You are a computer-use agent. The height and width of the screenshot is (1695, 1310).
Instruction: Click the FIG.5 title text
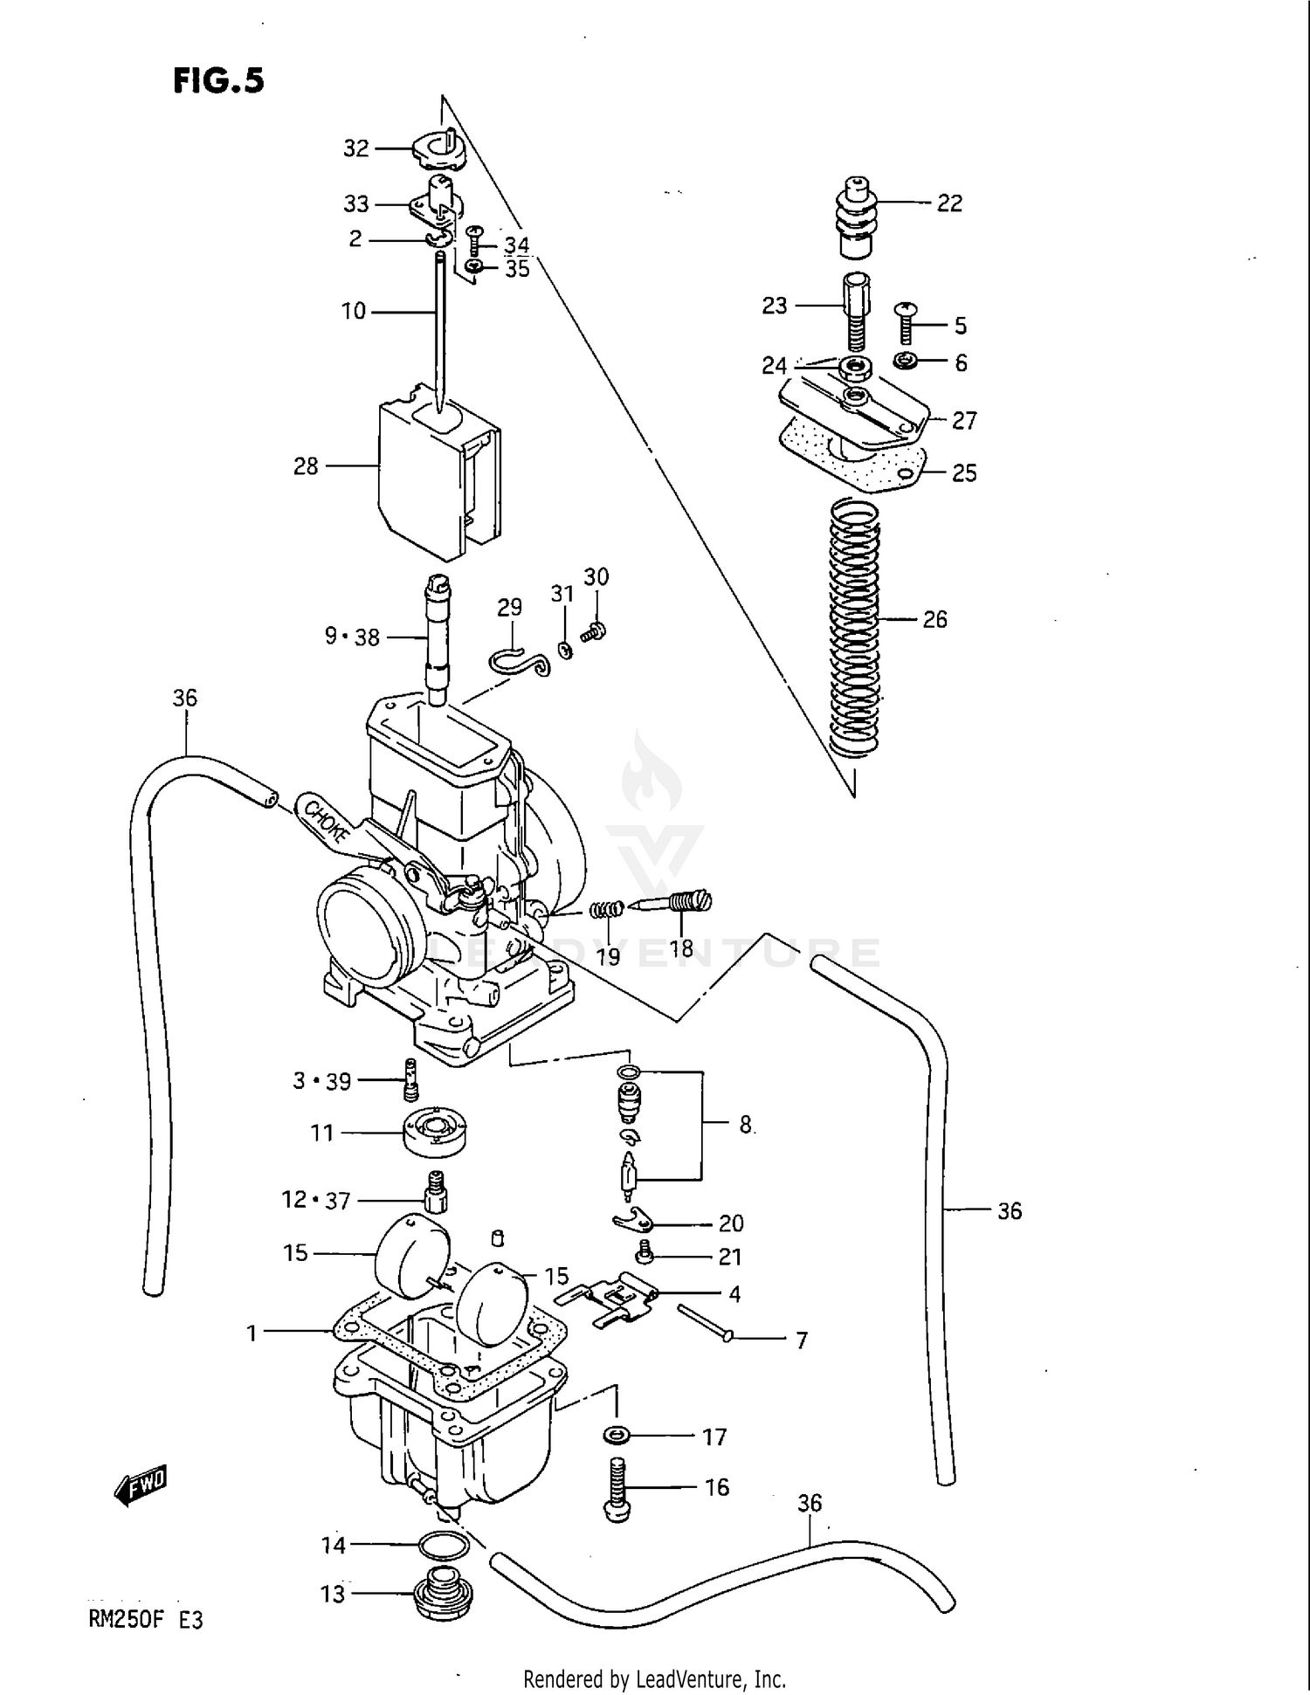tap(218, 80)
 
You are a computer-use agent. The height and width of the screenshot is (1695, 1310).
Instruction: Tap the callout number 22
tap(949, 203)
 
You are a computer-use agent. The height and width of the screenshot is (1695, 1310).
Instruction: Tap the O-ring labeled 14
tap(445, 1546)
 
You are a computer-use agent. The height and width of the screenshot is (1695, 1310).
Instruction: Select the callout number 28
tap(306, 466)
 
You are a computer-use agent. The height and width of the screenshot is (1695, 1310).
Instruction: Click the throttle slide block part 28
tap(437, 480)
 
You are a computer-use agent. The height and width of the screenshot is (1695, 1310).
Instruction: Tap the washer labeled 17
tap(617, 1434)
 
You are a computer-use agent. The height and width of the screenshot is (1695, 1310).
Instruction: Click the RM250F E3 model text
tap(146, 1621)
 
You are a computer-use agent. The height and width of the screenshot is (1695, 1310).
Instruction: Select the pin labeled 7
tap(705, 1322)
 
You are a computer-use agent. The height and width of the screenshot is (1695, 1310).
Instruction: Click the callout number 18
tap(681, 948)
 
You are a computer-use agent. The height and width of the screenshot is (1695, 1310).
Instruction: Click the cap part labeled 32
tap(439, 150)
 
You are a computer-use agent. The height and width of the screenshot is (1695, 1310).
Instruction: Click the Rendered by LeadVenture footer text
tap(654, 1678)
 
